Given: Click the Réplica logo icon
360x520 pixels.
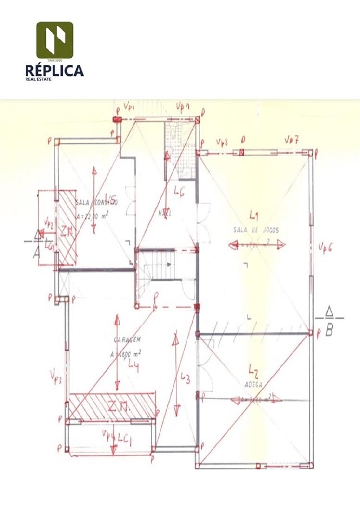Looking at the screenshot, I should coord(54,39).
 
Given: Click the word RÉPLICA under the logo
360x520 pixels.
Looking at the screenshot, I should coord(54,70).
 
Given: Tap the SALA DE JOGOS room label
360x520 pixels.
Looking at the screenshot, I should coord(256,230).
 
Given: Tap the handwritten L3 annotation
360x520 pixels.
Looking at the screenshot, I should coord(185,379).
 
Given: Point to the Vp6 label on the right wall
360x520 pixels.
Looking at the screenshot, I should coord(326,247).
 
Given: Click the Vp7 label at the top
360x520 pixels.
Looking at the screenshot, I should coord(292,140).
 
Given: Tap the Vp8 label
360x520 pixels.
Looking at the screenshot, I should coord(222,143).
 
